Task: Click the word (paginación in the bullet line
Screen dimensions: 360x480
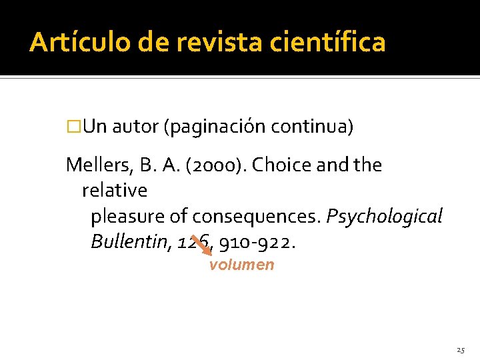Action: (x=215, y=127)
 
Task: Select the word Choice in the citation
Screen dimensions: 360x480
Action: (x=275, y=165)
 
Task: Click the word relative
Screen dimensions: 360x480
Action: (x=115, y=191)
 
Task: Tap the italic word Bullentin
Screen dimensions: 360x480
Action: (x=131, y=242)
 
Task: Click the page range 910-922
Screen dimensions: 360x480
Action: (x=257, y=242)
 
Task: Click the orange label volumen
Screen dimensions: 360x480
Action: (x=241, y=265)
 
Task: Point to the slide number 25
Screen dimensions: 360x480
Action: (x=461, y=349)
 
